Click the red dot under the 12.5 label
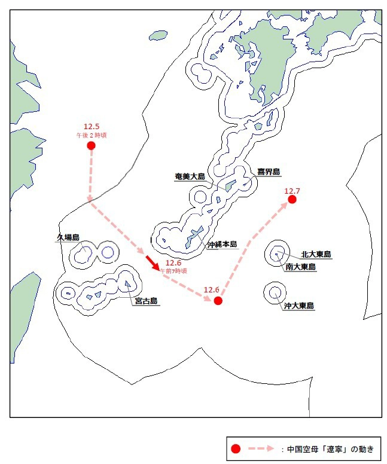tap(91, 145)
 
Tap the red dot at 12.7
tap(292, 199)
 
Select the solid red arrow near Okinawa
tap(152, 262)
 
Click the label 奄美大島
tap(190, 176)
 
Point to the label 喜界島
tap(269, 172)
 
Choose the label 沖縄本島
tap(223, 244)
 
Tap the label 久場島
tap(68, 237)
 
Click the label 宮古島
tap(146, 301)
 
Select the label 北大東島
tap(316, 254)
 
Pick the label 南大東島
tap(301, 267)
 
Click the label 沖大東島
tap(299, 306)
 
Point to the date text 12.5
tap(92, 126)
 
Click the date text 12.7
tap(292, 191)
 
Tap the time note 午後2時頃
tap(92, 135)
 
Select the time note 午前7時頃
tap(173, 271)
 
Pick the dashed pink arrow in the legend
tap(261, 448)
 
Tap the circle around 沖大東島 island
tap(275, 292)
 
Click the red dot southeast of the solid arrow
tap(218, 300)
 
